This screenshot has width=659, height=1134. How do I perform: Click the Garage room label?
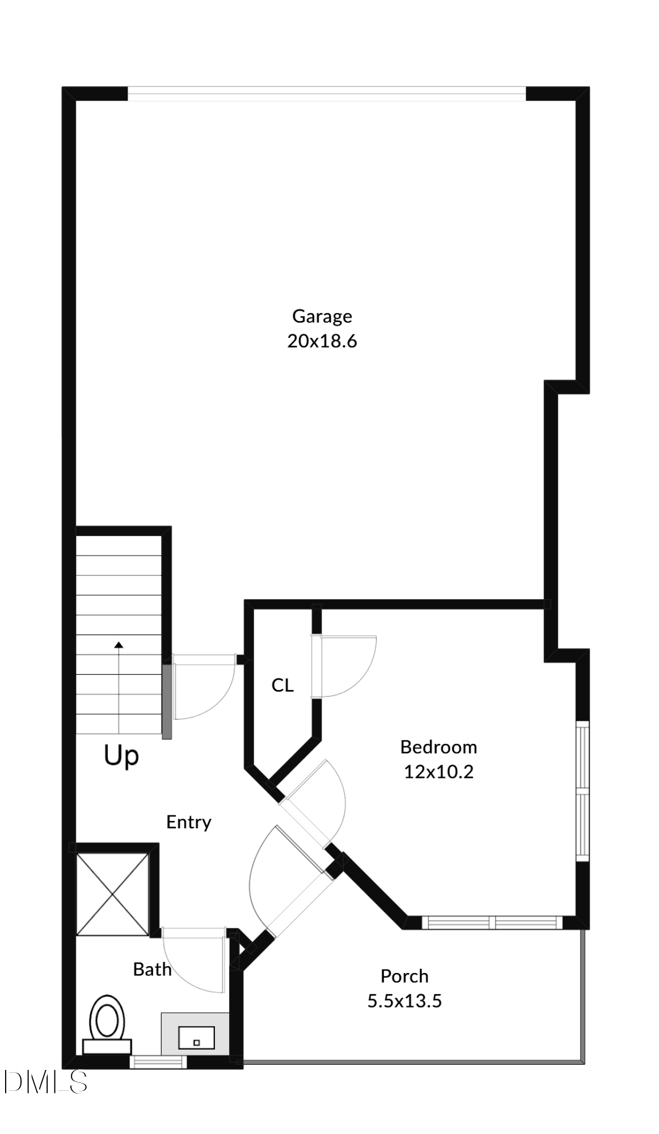[322, 316]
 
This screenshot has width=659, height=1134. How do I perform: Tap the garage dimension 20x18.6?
[322, 341]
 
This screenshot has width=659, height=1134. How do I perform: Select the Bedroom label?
[438, 747]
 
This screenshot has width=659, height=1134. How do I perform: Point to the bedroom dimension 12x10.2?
[438, 772]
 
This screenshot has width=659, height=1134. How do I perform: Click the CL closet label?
[282, 686]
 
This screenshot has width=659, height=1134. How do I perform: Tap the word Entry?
[188, 822]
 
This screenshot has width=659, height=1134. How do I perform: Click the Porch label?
[404, 976]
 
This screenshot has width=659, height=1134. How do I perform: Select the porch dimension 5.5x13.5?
[404, 1001]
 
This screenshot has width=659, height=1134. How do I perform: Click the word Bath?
[152, 970]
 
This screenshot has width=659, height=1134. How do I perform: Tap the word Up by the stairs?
[121, 756]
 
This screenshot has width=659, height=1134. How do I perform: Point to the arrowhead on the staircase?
[119, 645]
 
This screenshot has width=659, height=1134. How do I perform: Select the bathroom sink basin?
[196, 1038]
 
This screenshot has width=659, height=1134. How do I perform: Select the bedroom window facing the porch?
[492, 923]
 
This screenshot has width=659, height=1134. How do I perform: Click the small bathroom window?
[158, 1062]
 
